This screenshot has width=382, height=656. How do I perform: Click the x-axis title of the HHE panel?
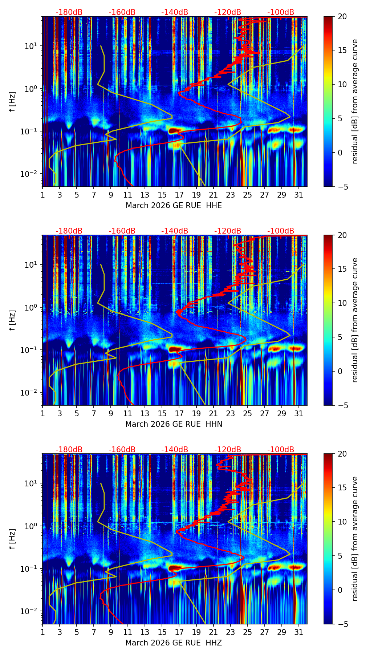coord(174,206)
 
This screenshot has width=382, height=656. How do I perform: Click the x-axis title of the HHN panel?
coord(174,424)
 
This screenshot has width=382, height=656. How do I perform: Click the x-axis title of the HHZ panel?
coord(174,643)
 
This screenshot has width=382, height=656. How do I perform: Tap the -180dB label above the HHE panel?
coord(69,12)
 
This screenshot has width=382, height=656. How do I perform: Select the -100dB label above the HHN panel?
coord(281,231)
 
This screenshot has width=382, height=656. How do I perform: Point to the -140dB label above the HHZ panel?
coord(175,450)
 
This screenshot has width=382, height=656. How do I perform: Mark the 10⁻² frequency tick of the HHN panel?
coord(28,393)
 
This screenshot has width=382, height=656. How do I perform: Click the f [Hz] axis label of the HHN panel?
coord(12,320)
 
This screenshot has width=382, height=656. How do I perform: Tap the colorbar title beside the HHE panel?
coord(355,101)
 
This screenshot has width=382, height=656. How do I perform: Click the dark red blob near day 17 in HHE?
coord(175,130)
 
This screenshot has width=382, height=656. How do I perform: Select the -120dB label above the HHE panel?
coord(228,12)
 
